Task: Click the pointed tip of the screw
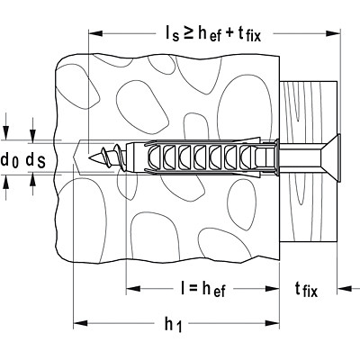click(x=89, y=157)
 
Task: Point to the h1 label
click(x=174, y=324)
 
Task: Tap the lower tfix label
click(x=306, y=290)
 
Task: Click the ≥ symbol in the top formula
click(x=189, y=33)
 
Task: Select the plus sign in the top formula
click(x=229, y=33)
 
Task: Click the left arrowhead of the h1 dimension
click(x=80, y=323)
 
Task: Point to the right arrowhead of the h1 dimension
click(x=273, y=323)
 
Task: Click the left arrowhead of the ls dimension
click(x=95, y=33)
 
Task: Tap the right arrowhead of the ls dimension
click(x=333, y=33)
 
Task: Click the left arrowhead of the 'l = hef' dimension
click(x=133, y=289)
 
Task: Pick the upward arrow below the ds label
click(x=33, y=184)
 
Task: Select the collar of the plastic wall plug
click(x=276, y=157)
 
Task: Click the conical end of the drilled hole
click(x=77, y=157)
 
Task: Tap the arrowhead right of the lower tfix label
click(x=345, y=289)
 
